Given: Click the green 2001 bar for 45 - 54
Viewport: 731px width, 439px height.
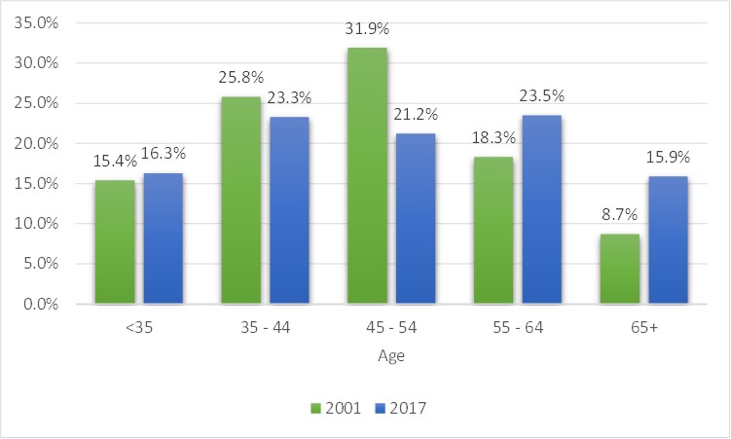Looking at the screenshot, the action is [x=367, y=175].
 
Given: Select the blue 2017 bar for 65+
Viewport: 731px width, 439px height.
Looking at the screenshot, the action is [x=668, y=240].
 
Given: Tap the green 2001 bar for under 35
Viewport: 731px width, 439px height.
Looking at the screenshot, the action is [x=115, y=241].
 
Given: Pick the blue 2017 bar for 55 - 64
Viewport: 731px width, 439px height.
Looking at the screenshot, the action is [x=542, y=209].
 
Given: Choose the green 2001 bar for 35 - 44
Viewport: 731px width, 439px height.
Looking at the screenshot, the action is [x=241, y=201].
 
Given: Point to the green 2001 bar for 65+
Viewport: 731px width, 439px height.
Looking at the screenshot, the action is [x=620, y=269].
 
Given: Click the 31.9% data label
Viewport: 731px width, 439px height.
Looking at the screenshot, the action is [x=367, y=29].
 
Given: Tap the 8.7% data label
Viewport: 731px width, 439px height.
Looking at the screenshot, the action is [x=619, y=214].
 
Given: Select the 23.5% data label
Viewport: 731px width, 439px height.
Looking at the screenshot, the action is [x=542, y=95].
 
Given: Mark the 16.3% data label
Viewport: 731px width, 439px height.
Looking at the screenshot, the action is [x=164, y=154].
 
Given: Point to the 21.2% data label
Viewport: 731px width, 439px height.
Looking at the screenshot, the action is [x=416, y=114].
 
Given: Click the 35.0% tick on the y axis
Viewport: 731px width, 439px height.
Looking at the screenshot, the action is [x=36, y=22].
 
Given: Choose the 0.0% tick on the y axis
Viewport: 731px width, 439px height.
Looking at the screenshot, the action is [x=41, y=305].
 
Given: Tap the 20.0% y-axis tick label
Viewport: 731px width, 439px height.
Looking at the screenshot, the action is [x=36, y=143].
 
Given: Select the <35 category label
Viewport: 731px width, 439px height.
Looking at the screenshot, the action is [x=139, y=328].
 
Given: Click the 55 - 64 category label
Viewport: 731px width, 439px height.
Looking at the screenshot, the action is [x=518, y=328].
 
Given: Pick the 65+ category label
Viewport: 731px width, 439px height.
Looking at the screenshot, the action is [x=644, y=328].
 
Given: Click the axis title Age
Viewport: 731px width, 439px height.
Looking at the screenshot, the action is [x=391, y=356].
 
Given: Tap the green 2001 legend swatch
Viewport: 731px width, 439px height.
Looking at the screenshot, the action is [x=315, y=409].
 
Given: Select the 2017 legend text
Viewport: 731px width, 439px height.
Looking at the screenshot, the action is [x=408, y=408].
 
